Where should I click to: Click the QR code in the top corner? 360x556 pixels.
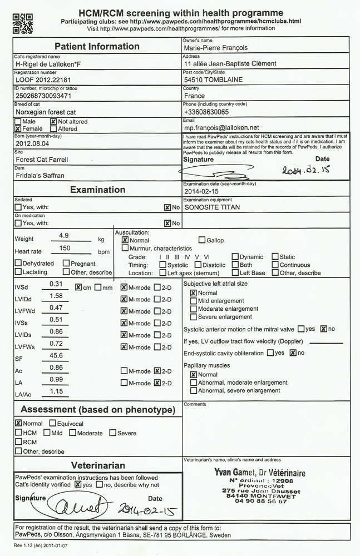click(x=23, y=23)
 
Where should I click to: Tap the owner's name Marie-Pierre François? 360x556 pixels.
click(x=215, y=48)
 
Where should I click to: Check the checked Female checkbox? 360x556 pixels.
click(x=18, y=128)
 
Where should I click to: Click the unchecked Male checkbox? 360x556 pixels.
click(x=18, y=121)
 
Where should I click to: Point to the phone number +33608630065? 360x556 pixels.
click(x=206, y=112)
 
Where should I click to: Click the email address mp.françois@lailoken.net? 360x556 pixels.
click(x=221, y=127)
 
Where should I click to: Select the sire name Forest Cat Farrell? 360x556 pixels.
click(x=42, y=160)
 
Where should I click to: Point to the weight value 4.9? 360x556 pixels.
click(x=63, y=236)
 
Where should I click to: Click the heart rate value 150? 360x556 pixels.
click(x=65, y=249)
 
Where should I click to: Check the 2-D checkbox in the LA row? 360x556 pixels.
click(x=157, y=383)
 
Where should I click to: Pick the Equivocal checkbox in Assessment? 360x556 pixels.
click(x=53, y=423)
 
